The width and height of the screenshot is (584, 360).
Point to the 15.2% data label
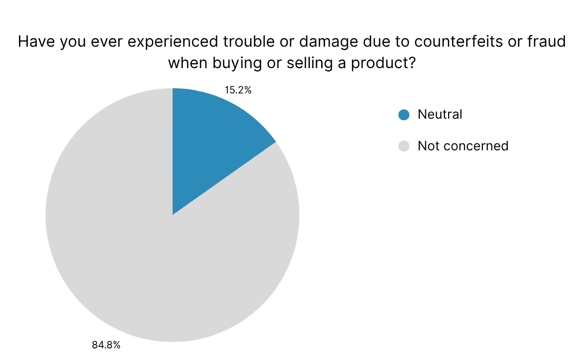tap(237, 90)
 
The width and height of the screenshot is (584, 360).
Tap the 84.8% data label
tap(106, 345)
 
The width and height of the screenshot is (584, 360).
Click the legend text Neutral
tap(440, 115)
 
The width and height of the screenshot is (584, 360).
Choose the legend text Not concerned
tap(463, 145)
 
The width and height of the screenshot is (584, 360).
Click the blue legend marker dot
tap(404, 115)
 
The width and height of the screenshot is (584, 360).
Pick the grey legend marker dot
tap(404, 145)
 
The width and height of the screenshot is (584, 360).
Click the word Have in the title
tap(36, 42)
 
